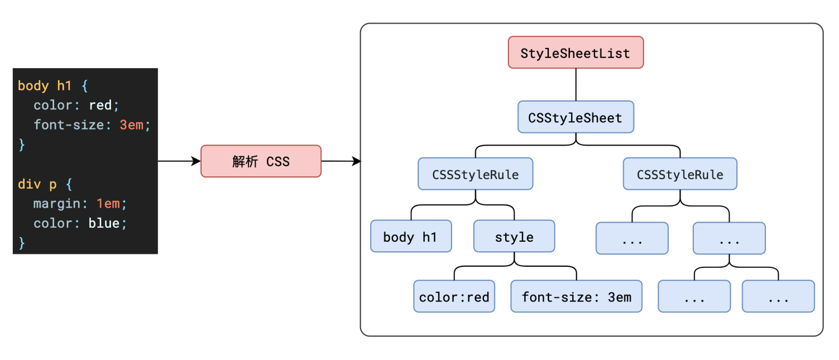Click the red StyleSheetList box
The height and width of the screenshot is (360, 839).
[x=576, y=52]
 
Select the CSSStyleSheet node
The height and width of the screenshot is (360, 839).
[x=576, y=117]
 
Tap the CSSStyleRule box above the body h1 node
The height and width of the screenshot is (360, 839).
[x=476, y=174]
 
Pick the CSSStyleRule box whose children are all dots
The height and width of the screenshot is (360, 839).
[x=680, y=174]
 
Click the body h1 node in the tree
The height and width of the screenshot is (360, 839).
[x=410, y=237]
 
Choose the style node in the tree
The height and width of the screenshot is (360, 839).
[x=514, y=237]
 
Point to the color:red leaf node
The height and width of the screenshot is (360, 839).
[x=454, y=296]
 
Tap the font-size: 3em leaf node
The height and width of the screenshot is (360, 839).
[x=577, y=296]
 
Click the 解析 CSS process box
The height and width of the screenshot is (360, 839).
[x=261, y=161]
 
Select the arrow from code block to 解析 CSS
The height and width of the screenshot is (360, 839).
[x=179, y=161]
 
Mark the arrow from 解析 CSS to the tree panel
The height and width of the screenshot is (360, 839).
[x=341, y=161]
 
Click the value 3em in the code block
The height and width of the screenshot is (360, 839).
[x=132, y=125]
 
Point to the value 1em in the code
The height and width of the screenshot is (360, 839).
[x=108, y=204]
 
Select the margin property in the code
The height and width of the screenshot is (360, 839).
[x=56, y=204]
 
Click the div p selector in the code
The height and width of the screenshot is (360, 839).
[x=38, y=184]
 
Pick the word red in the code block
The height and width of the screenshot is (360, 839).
[x=100, y=105]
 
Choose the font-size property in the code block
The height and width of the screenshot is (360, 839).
[x=69, y=125]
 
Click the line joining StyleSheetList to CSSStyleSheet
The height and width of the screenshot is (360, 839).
[x=576, y=85]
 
